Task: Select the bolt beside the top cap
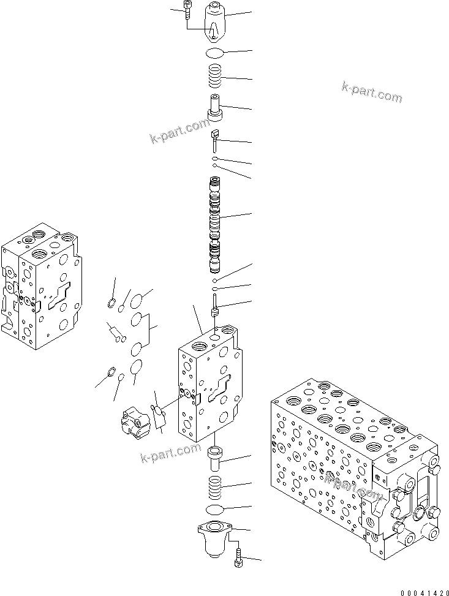(x=185, y=11)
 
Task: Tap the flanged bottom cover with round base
(x=214, y=535)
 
